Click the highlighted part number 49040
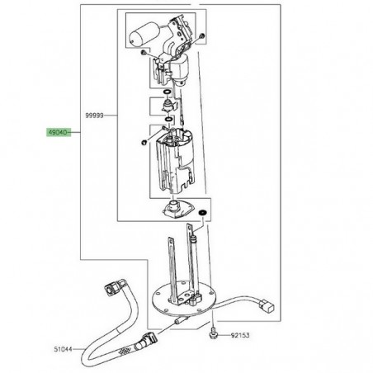(x=58, y=132)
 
